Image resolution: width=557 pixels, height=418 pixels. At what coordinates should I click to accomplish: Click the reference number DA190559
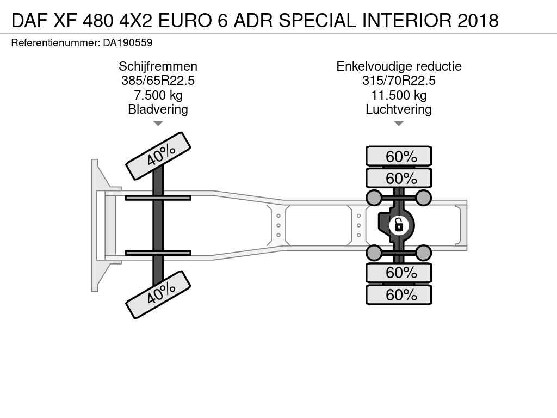127,43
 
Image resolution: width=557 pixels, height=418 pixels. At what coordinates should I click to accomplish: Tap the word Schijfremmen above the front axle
158,66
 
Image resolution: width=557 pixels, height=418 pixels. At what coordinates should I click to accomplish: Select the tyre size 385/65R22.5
158,81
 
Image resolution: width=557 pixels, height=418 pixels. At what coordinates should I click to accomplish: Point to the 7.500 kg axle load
158,95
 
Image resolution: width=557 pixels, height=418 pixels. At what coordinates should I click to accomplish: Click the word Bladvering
158,109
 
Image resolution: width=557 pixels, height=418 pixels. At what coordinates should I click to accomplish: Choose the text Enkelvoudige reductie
399,66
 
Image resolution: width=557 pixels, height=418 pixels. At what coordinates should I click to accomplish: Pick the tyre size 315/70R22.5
399,81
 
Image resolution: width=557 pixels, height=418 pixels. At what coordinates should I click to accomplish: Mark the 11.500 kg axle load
399,95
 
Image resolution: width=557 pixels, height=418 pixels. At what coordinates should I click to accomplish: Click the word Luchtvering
399,109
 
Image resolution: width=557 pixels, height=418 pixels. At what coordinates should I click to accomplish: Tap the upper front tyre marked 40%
158,156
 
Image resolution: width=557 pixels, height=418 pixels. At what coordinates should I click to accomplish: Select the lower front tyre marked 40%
158,294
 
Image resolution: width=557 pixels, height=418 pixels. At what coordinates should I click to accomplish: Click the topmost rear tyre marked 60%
399,156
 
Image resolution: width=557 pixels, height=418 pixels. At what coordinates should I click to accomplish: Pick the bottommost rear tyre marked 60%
399,294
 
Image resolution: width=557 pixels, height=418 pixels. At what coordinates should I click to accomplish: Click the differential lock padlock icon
399,225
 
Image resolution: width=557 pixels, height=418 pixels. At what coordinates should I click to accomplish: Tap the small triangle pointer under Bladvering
158,124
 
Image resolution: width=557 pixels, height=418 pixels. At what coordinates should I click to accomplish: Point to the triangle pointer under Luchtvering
399,124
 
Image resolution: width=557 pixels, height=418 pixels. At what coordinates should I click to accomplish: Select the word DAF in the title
29,21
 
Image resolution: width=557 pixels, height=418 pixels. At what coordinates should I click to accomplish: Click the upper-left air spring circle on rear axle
374,198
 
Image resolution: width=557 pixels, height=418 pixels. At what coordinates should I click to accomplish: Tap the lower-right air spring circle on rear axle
423,253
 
